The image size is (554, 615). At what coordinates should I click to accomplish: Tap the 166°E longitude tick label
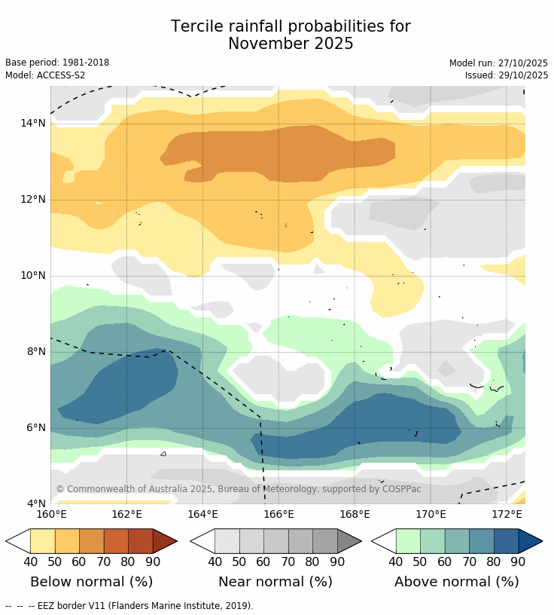click(279, 515)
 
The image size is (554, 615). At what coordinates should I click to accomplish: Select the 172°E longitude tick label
click(507, 515)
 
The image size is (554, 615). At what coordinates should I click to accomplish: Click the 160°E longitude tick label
click(51, 515)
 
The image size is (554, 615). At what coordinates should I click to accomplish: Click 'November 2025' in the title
click(291, 44)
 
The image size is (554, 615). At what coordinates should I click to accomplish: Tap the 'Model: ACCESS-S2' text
click(45, 75)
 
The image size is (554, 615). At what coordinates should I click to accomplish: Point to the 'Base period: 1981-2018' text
click(57, 63)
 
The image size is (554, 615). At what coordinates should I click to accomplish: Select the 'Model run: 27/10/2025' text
click(498, 63)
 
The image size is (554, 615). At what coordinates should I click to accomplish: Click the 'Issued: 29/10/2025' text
click(507, 75)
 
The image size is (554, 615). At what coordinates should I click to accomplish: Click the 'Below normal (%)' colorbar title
click(91, 582)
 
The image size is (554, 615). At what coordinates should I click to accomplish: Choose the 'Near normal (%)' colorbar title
click(275, 582)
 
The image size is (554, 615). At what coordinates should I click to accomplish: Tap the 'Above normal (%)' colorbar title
click(457, 582)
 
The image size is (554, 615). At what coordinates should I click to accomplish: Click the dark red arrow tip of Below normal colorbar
click(165, 541)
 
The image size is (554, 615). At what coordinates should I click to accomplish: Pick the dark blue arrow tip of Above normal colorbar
click(530, 541)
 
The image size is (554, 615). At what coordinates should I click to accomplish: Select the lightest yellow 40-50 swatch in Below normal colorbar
click(42, 541)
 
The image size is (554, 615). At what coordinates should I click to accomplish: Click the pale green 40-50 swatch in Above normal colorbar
click(408, 541)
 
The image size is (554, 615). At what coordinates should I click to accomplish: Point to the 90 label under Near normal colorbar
click(337, 561)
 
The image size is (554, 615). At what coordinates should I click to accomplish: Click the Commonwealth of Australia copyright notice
click(239, 489)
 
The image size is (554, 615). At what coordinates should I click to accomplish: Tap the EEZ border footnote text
click(129, 605)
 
